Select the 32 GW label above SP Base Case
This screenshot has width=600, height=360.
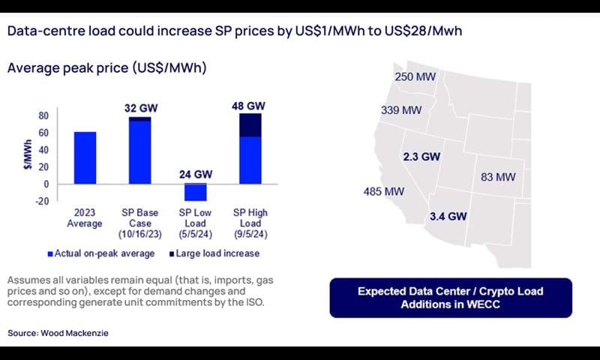pyautogui.click(x=139, y=108)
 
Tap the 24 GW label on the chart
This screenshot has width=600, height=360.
pyautogui.click(x=195, y=175)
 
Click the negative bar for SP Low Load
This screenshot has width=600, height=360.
pyautogui.click(x=196, y=193)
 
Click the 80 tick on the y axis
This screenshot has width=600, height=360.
pyautogui.click(x=43, y=116)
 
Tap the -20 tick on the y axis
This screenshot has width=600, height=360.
pyautogui.click(x=41, y=201)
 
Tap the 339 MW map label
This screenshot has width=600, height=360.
pyautogui.click(x=401, y=110)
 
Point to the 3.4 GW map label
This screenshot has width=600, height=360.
pyautogui.click(x=448, y=217)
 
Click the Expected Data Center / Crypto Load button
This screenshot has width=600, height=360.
pyautogui.click(x=450, y=298)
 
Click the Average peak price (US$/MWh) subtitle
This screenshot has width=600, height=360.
pyautogui.click(x=106, y=68)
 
